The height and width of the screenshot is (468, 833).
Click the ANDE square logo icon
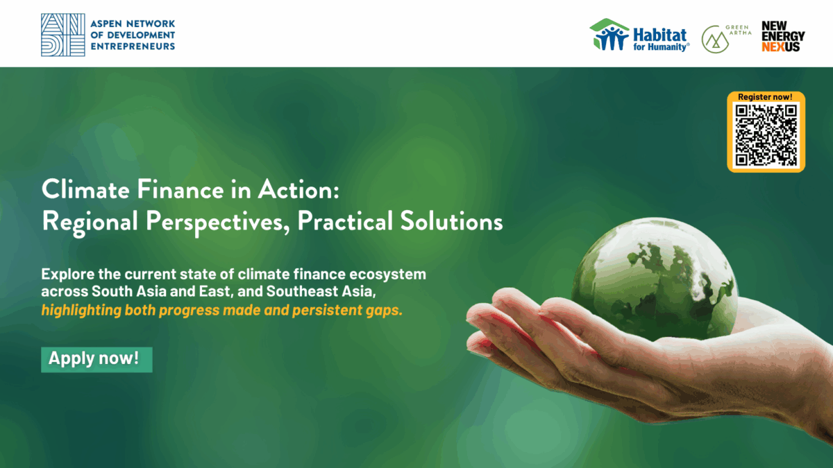click(x=63, y=35)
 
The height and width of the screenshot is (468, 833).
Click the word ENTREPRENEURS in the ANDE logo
click(x=133, y=46)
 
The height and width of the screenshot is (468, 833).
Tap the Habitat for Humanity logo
click(x=639, y=35)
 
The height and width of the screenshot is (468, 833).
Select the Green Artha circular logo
click(x=716, y=40)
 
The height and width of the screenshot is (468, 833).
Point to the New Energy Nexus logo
click(x=783, y=36)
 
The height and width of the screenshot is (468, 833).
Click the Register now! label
click(x=765, y=97)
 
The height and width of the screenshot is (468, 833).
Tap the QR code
click(x=766, y=135)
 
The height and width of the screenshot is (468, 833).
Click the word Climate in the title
click(x=85, y=189)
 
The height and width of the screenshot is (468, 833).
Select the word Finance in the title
click(x=180, y=189)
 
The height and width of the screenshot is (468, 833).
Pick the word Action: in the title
click(x=298, y=189)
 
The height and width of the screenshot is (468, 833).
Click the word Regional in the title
click(x=90, y=222)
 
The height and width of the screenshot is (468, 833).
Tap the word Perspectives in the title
click(x=217, y=222)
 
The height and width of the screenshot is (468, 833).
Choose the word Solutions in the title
click(x=451, y=221)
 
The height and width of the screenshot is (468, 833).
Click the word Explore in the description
click(x=68, y=275)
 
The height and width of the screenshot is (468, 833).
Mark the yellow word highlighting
click(x=81, y=311)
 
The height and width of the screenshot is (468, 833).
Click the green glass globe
click(x=655, y=279)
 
